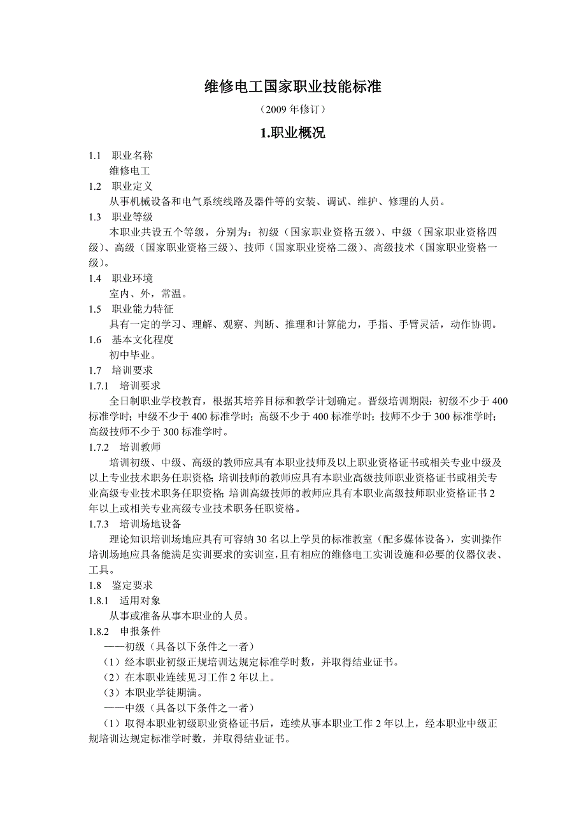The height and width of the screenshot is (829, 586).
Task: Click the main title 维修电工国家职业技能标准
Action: (292, 87)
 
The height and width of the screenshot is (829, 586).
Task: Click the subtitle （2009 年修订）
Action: (292, 110)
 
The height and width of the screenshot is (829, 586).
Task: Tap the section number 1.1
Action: (96, 155)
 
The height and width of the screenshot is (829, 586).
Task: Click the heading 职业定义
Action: (132, 186)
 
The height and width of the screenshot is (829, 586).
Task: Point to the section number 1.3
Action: (96, 216)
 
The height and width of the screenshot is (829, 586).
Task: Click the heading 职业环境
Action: (132, 278)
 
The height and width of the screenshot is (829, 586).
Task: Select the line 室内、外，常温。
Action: (148, 294)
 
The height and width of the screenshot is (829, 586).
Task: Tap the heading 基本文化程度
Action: (142, 339)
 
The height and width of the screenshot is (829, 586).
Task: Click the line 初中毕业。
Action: (133, 355)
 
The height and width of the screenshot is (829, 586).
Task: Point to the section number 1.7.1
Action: (99, 385)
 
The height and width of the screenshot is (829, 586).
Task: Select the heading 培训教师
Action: (139, 447)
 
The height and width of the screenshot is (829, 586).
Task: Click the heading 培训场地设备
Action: (150, 523)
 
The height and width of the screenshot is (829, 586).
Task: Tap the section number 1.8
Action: (96, 585)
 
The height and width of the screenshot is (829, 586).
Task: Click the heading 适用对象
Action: (139, 600)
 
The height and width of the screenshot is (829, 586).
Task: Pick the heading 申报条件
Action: (139, 631)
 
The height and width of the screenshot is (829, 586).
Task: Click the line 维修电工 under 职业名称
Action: (130, 171)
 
